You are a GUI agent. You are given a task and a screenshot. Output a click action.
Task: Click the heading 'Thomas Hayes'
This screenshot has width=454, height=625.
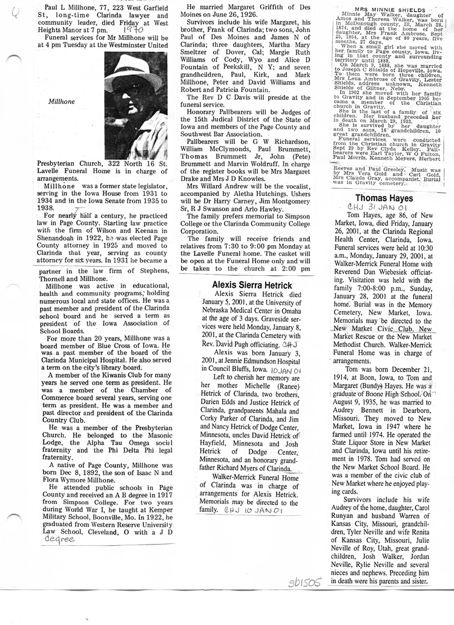(384, 198)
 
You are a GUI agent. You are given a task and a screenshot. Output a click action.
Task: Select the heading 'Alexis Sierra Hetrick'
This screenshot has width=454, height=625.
(252, 285)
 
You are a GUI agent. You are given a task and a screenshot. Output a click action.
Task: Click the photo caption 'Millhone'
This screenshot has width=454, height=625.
(60, 102)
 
